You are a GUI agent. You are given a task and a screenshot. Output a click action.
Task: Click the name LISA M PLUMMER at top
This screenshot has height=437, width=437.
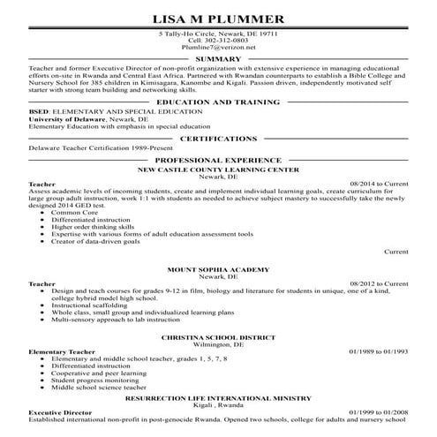tap(218, 18)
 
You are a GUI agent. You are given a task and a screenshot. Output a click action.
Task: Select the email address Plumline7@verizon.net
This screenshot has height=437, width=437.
tap(218, 48)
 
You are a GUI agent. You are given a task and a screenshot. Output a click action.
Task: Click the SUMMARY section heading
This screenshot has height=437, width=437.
tap(218, 59)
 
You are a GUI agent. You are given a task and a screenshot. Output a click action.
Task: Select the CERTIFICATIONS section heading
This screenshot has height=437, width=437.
tap(218, 139)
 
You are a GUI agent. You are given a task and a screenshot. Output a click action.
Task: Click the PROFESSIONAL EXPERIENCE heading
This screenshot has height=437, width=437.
tap(218, 160)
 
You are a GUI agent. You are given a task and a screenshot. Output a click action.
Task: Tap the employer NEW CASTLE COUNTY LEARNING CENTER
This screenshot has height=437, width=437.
tap(218, 168)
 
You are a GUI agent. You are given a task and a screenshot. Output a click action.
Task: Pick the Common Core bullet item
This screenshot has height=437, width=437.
tap(74, 213)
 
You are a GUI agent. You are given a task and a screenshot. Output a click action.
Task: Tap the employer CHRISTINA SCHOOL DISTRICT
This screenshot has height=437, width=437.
tap(218, 337)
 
